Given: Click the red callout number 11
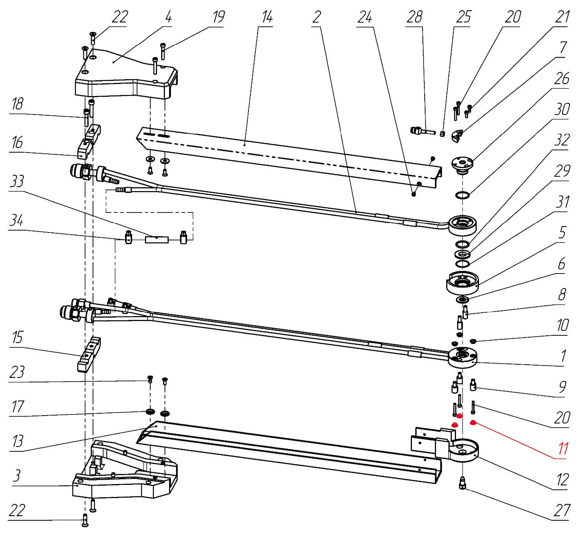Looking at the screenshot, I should tap(563, 448).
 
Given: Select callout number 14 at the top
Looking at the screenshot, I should tap(267, 17).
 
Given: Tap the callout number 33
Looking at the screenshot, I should tap(17, 181).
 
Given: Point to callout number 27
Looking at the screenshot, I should tap(561, 511).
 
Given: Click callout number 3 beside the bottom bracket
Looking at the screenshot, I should tap(17, 475).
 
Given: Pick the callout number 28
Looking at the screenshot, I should tap(414, 17).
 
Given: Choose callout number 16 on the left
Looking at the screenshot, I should tap(17, 143).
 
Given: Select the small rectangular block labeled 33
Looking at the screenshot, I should tap(157, 239).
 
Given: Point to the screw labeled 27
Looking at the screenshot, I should tap(463, 483).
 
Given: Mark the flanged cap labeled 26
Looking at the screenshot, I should tap(462, 165).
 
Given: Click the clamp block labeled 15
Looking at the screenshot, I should tap(88, 354).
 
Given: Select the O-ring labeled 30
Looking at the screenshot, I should tap(462, 195).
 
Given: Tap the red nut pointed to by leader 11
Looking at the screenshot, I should tap(473, 422).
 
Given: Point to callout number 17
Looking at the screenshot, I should tap(17, 407).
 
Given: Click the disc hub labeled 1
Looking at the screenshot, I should tap(462, 358).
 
